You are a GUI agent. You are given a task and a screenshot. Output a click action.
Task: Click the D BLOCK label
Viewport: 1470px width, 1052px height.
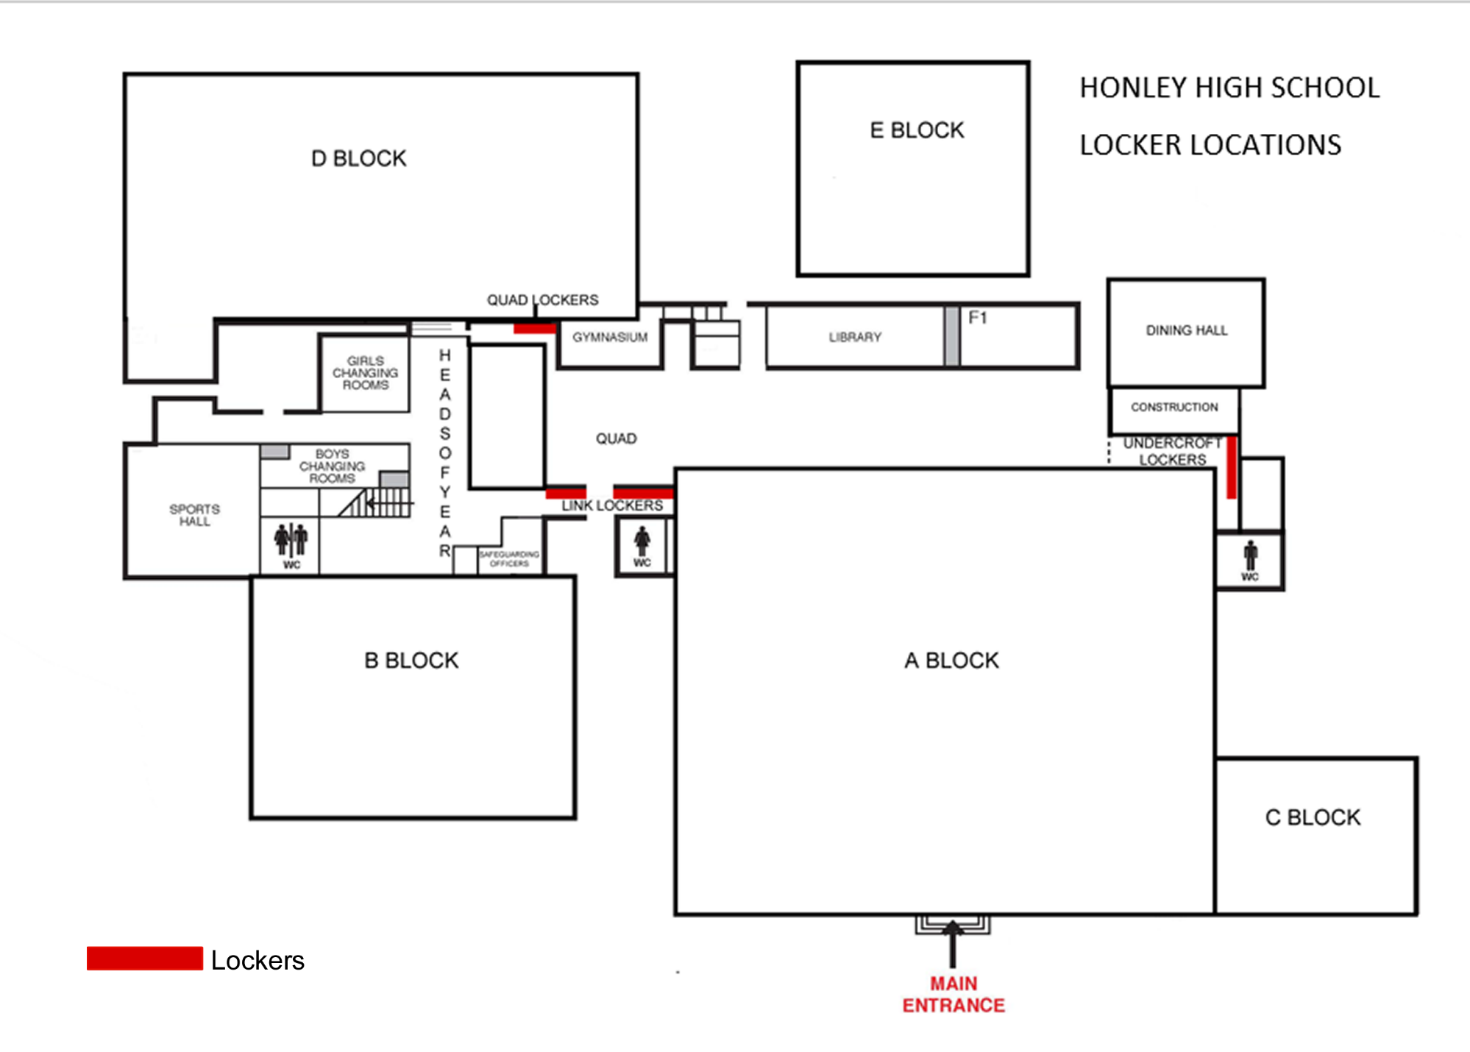(x=358, y=158)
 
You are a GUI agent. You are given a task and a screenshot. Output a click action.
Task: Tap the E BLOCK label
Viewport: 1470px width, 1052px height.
(x=916, y=130)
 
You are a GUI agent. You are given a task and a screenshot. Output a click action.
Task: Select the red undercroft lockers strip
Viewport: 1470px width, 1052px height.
(x=1231, y=467)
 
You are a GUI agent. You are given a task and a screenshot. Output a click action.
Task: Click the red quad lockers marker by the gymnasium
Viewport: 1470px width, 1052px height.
(x=534, y=328)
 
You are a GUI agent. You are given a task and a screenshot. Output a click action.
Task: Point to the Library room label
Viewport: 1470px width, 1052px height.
(x=854, y=337)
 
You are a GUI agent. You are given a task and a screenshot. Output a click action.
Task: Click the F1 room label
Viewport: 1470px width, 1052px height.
(x=977, y=318)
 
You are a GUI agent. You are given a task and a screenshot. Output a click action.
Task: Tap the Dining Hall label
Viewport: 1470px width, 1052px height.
(x=1186, y=330)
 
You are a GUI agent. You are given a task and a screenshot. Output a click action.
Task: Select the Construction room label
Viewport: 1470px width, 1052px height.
(x=1174, y=407)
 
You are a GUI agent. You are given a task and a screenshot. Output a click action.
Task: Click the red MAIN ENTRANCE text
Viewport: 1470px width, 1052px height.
(x=954, y=994)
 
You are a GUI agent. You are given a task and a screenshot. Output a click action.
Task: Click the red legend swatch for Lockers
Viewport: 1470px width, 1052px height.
(x=144, y=958)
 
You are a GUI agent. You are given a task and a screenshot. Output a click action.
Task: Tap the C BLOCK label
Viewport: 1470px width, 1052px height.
(x=1313, y=817)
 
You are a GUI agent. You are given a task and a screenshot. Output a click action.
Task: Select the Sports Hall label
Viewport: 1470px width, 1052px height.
(x=194, y=515)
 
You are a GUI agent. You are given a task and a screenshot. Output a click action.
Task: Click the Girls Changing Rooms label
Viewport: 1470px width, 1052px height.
(x=365, y=373)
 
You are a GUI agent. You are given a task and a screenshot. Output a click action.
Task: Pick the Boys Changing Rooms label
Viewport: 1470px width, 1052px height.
(x=332, y=466)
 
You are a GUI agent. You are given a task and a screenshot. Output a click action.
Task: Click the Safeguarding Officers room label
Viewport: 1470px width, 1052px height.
(x=509, y=558)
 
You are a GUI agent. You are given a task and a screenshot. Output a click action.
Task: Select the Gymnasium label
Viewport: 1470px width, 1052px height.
(x=610, y=337)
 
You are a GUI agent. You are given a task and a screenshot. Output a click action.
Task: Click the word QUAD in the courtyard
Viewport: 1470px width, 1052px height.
(x=616, y=438)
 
